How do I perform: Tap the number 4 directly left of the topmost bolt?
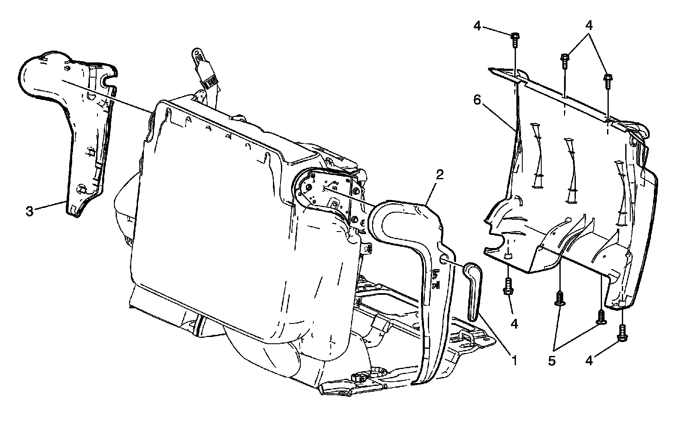point(477,26)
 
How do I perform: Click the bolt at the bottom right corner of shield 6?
point(621,334)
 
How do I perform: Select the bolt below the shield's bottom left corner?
point(508,288)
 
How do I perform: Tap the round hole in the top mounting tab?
point(196,54)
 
